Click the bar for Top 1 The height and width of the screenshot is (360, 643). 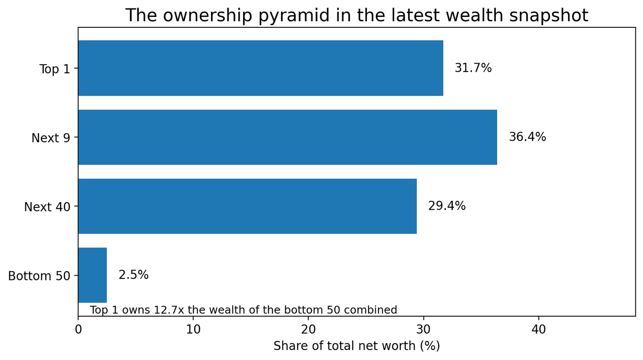[260, 68]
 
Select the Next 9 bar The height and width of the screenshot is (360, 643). [287, 137]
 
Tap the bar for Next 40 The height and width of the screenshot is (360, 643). [247, 206]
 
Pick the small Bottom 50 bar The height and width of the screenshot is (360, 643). [92, 275]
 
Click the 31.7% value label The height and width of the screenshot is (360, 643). [473, 68]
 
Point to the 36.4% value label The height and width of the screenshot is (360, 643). [527, 137]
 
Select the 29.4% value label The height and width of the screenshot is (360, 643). [446, 206]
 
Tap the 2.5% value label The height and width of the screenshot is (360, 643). [133, 275]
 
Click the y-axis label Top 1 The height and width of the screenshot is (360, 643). [55, 69]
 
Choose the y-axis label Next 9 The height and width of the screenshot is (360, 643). [51, 138]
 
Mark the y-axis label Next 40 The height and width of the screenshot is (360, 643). [47, 207]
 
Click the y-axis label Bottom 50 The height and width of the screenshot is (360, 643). [39, 276]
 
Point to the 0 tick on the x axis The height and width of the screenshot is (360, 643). [78, 329]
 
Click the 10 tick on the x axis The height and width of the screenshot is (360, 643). [193, 329]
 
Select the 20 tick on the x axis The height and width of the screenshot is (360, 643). [308, 329]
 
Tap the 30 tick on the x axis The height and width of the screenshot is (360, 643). [423, 329]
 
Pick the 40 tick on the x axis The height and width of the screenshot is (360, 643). [539, 329]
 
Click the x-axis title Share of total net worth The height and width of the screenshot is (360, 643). [356, 346]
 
